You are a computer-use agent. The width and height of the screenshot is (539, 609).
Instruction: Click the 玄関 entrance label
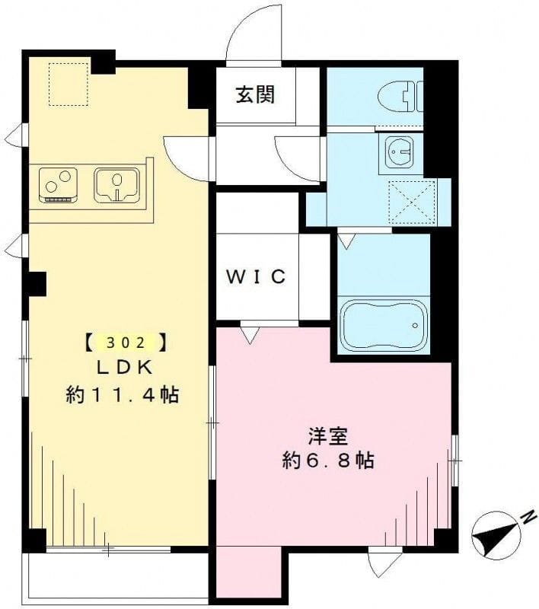tap(254, 96)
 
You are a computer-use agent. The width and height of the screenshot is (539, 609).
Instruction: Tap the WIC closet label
tap(255, 276)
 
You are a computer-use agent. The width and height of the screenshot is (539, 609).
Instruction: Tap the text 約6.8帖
tap(328, 461)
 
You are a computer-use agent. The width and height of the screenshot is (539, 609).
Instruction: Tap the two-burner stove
tap(59, 185)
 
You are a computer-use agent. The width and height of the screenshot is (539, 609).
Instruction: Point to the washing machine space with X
tap(411, 202)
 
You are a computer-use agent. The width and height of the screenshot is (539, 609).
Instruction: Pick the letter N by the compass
tap(526, 518)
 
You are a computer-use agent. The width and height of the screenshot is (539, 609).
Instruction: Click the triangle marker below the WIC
tap(249, 333)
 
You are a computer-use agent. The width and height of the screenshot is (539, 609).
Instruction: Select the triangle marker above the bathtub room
tap(346, 241)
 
